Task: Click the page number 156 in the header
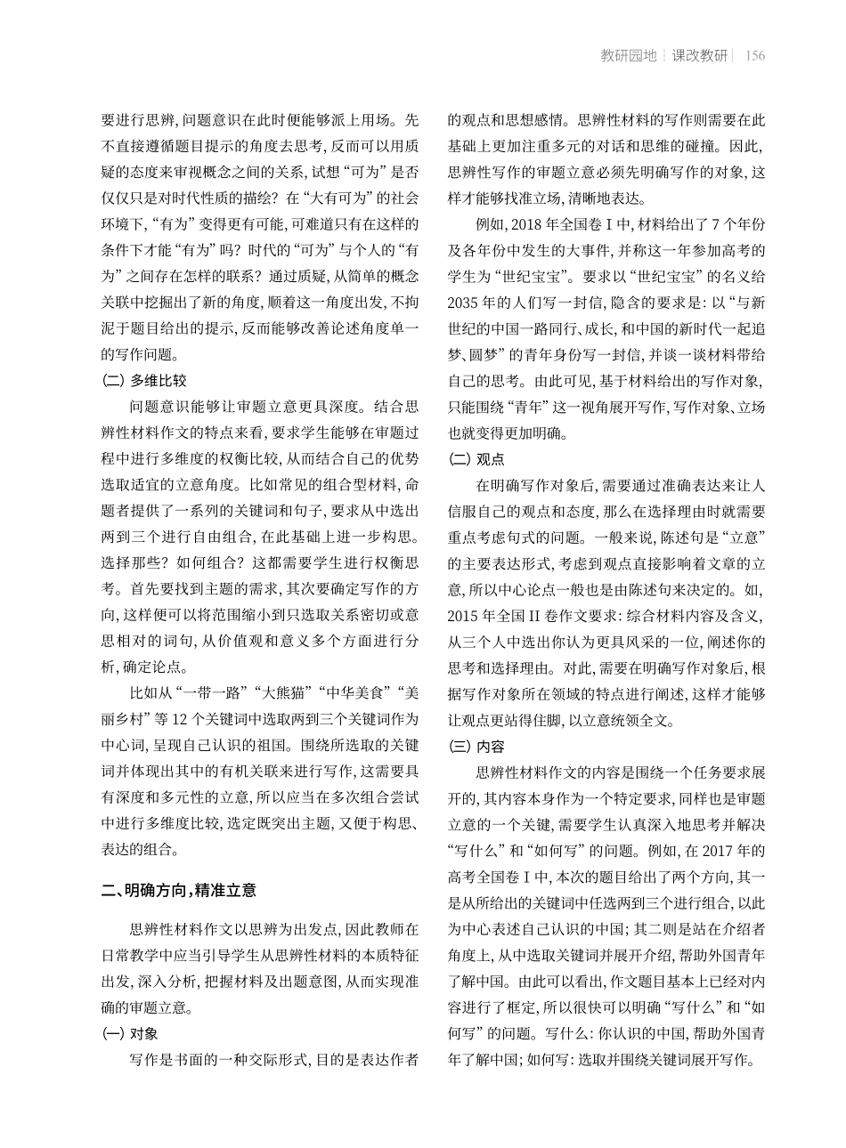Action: pyautogui.click(x=754, y=56)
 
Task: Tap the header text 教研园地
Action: pyautogui.click(x=629, y=56)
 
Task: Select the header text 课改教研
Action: pyautogui.click(x=699, y=56)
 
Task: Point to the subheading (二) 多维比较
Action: pyautogui.click(x=144, y=380)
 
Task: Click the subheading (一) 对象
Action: pyautogui.click(x=131, y=1034)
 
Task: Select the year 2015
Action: pyautogui.click(x=462, y=613)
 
